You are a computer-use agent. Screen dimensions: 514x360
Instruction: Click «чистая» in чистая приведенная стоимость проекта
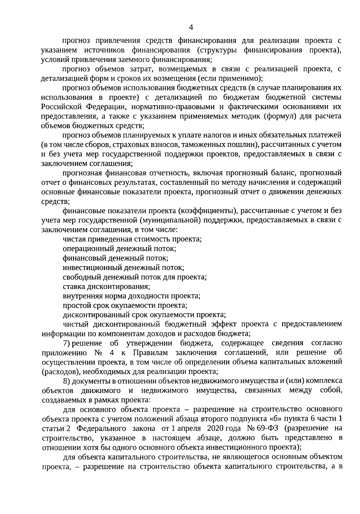[x=73, y=239]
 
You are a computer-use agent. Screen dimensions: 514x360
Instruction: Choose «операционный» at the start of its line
[x=83, y=249]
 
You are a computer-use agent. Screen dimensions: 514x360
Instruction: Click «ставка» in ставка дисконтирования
[x=73, y=286]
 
